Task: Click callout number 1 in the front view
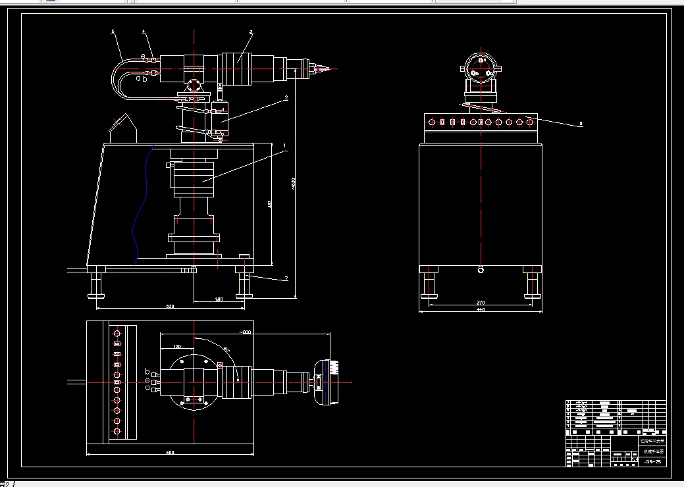pyautogui.click(x=284, y=144)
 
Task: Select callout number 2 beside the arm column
pyautogui.click(x=286, y=98)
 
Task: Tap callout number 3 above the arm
pyautogui.click(x=251, y=32)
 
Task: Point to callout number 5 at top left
pyautogui.click(x=113, y=32)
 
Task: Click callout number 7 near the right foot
pyautogui.click(x=286, y=279)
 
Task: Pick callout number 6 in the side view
pyautogui.click(x=580, y=122)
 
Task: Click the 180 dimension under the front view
pyautogui.click(x=219, y=299)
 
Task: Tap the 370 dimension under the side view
pyautogui.click(x=480, y=302)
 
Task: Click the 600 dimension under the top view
pyautogui.click(x=170, y=452)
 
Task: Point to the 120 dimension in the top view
pyautogui.click(x=178, y=346)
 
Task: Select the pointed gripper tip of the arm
pyautogui.click(x=335, y=68)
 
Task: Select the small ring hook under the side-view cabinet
pyautogui.click(x=481, y=269)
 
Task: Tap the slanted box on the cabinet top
pyautogui.click(x=122, y=129)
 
